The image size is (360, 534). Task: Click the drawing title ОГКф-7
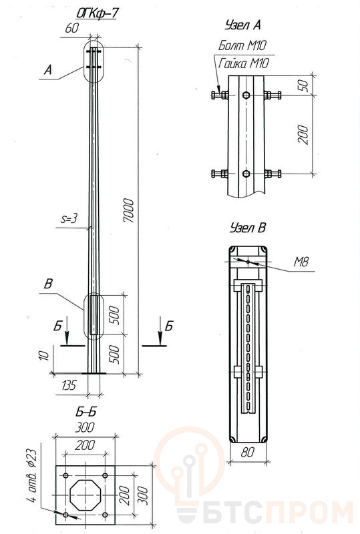[97, 13]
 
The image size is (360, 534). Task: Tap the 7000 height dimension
[129, 210]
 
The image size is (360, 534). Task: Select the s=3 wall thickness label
[69, 218]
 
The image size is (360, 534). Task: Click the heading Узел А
[242, 25]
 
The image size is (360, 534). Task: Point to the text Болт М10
[242, 45]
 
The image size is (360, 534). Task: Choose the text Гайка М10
[243, 63]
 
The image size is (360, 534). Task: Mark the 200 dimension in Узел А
[303, 135]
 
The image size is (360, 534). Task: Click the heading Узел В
[248, 228]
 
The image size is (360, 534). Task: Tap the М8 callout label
[301, 262]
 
